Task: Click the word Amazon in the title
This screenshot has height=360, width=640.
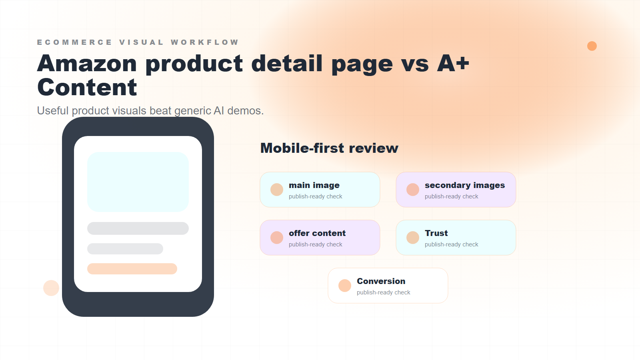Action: tap(87, 64)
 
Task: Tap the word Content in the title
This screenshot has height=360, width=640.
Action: tap(87, 88)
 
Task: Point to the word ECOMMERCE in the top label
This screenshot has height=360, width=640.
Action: tap(74, 42)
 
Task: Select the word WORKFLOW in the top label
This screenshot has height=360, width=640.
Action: tap(205, 42)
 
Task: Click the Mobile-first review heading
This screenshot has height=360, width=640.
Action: tap(329, 148)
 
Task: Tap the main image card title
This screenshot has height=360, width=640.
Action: tap(314, 185)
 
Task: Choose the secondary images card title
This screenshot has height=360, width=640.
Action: tap(464, 185)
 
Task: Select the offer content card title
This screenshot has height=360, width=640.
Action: tap(317, 233)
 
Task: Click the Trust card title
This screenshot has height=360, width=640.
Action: tap(436, 233)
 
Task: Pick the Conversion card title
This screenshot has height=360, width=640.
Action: tap(381, 281)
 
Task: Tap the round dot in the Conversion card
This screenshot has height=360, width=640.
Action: tap(345, 286)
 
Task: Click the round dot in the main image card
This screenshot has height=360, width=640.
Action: tap(277, 190)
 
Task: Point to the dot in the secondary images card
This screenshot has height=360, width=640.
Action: tap(413, 190)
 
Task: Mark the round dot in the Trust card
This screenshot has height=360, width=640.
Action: tap(413, 238)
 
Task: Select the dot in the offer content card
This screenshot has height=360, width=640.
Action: tap(277, 238)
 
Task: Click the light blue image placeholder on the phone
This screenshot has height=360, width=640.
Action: tap(138, 182)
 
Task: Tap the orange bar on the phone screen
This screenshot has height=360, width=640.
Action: tap(132, 269)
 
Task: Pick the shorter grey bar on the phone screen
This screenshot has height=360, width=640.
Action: tap(125, 249)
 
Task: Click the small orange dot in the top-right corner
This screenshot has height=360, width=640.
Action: tap(592, 46)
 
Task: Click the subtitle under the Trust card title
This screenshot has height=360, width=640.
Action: tap(451, 244)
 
